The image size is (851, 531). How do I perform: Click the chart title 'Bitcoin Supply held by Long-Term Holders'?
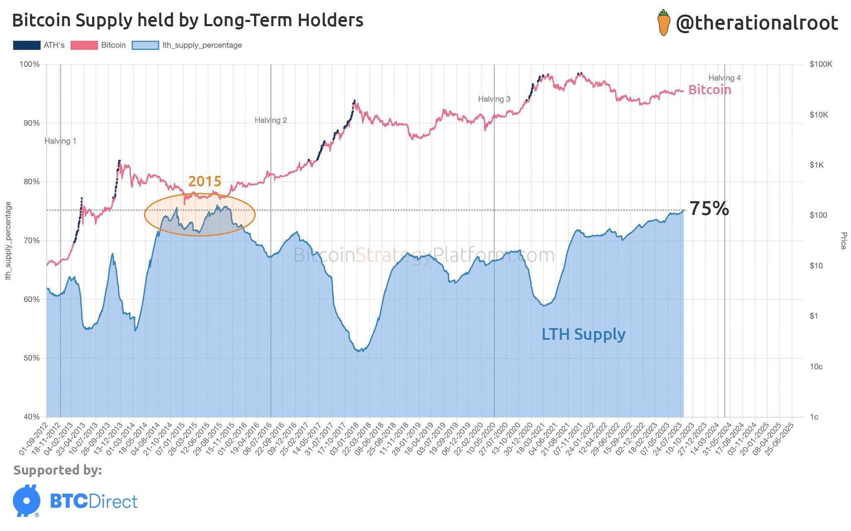tap(188, 20)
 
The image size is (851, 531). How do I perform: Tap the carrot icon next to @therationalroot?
tap(664, 23)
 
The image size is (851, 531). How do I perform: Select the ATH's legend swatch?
tap(27, 45)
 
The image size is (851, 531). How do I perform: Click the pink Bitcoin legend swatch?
tap(84, 45)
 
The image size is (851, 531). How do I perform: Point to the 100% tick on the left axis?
tap(29, 64)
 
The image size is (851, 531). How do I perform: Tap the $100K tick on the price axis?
tap(821, 64)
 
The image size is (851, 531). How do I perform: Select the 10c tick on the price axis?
tap(816, 367)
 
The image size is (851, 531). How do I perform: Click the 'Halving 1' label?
tap(60, 141)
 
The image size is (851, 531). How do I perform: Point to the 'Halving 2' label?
tap(271, 120)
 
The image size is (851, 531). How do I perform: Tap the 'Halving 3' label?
tap(494, 99)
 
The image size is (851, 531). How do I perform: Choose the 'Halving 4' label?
tap(724, 78)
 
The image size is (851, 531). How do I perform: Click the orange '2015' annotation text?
tap(205, 181)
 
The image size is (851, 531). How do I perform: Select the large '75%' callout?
tap(709, 209)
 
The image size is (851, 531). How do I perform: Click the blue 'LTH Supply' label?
tap(583, 334)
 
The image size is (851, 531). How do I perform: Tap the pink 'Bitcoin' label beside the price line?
tap(709, 90)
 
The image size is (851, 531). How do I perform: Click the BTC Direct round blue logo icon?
tap(27, 501)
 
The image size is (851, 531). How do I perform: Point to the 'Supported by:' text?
tap(57, 470)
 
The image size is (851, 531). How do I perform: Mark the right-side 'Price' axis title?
tap(843, 241)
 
